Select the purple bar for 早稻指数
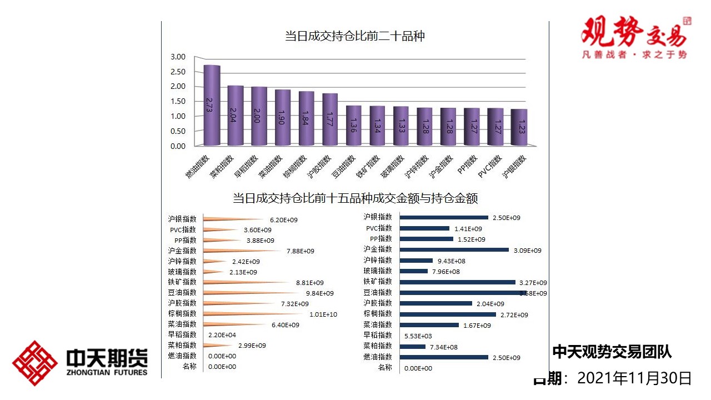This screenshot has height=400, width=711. click(x=259, y=116)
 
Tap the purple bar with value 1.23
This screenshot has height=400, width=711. click(x=519, y=127)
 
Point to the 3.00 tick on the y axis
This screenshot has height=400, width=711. click(x=178, y=57)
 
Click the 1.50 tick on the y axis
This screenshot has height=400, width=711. click(x=178, y=101)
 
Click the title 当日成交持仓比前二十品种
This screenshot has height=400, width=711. click(x=355, y=37)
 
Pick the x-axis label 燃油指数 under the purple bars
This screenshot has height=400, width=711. click(x=198, y=167)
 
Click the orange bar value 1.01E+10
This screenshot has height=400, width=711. click(x=323, y=314)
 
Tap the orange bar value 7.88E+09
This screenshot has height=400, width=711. click(x=301, y=251)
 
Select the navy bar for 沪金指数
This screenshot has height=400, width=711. click(x=454, y=250)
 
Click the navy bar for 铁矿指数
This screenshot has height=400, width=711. click(x=458, y=282)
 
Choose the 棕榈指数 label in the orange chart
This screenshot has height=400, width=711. click(x=182, y=314)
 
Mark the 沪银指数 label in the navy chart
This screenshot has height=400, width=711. click(x=378, y=217)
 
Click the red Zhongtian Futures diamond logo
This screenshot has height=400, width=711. click(x=35, y=363)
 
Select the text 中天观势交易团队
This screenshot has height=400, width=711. click(x=612, y=352)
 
